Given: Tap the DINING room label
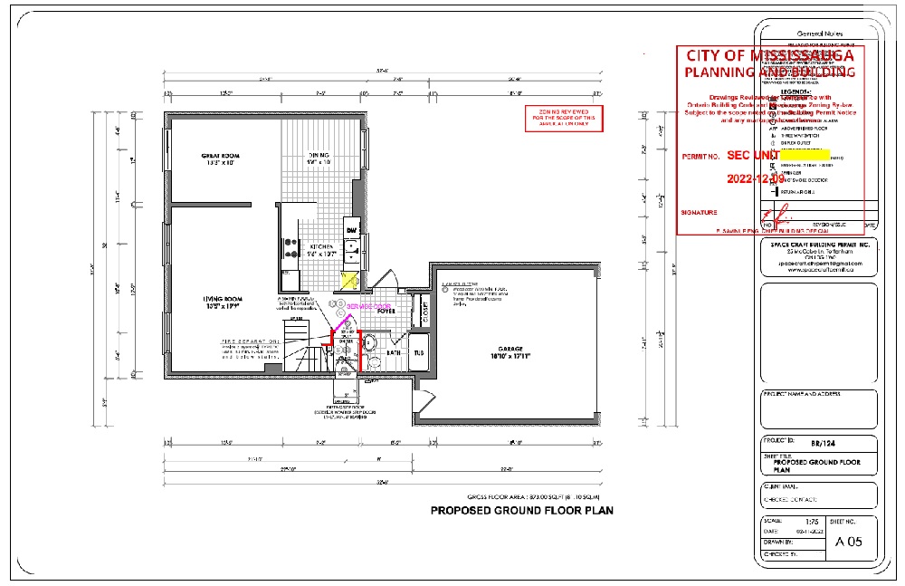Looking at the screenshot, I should click(319, 158).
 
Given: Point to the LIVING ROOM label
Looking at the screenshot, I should click(222, 302).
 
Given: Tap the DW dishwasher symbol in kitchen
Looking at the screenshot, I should click(351, 231).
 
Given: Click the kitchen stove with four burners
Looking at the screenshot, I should click(291, 243).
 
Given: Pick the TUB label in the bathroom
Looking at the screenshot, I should click(419, 353).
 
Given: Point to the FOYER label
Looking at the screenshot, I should click(387, 311).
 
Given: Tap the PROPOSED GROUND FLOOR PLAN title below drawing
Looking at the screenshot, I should click(521, 511).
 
